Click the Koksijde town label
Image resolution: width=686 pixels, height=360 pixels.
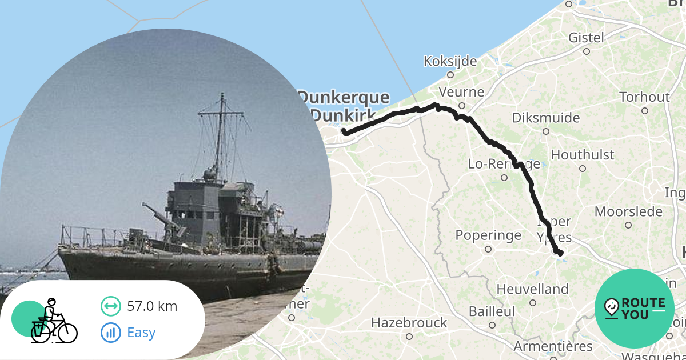(x=450, y=61)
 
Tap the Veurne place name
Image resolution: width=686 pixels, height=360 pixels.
(x=461, y=92)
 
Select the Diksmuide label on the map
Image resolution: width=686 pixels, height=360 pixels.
(x=545, y=118)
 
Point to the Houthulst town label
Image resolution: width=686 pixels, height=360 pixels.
(x=582, y=155)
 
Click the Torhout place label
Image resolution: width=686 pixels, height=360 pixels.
(x=644, y=97)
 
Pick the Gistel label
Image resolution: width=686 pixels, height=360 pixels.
(x=586, y=38)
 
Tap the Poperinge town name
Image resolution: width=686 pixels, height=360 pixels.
(x=488, y=235)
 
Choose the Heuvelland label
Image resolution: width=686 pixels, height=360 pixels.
(x=532, y=289)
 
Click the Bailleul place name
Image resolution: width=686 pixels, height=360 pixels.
(x=492, y=312)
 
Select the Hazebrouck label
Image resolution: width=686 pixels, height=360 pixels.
(x=409, y=323)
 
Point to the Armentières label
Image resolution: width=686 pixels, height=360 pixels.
(x=553, y=346)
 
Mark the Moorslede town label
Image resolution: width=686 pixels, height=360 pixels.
(x=628, y=211)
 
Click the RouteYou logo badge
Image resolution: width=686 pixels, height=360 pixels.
(x=635, y=309)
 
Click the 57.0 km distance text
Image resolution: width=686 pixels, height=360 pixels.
(x=152, y=306)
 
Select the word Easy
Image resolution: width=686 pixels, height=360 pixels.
(x=141, y=332)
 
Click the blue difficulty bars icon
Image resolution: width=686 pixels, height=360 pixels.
(x=110, y=332)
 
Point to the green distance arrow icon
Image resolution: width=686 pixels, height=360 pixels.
(x=110, y=306)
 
